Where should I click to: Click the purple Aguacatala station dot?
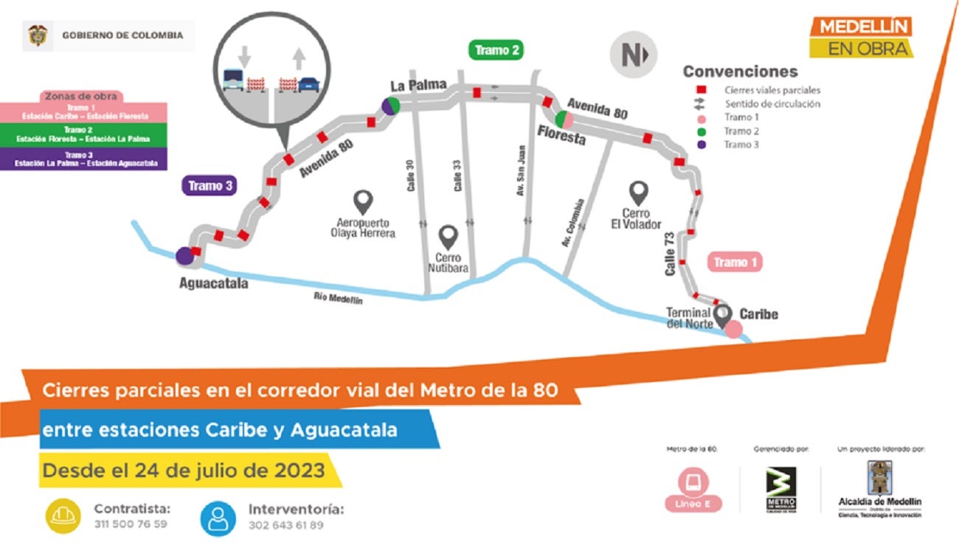click(x=184, y=256)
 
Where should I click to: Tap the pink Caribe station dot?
click(x=733, y=330)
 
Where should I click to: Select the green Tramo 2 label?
click(x=497, y=50)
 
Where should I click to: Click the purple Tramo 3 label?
click(x=210, y=186)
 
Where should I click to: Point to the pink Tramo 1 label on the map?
click(x=734, y=262)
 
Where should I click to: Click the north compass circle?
click(x=632, y=55)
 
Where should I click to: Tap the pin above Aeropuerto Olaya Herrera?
click(x=363, y=201)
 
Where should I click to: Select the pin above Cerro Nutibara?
click(x=449, y=237)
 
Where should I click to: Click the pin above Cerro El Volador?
click(x=638, y=193)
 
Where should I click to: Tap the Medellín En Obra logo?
click(x=861, y=38)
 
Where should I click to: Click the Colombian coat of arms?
click(x=38, y=35)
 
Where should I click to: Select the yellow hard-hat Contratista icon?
click(x=64, y=516)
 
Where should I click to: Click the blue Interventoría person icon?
click(x=219, y=518)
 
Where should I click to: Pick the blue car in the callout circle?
click(x=309, y=83)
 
